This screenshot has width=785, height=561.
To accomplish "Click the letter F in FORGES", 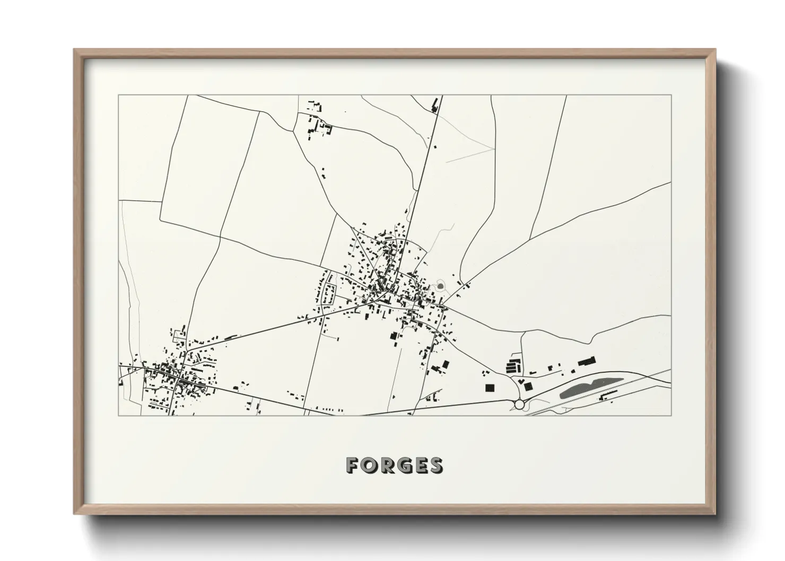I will [352, 465].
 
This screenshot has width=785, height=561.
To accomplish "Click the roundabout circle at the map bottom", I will [519, 405].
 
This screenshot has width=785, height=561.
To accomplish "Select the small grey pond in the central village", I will [440, 286].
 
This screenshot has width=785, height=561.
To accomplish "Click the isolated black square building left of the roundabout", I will [489, 387].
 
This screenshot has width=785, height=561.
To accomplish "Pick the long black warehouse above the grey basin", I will [586, 362].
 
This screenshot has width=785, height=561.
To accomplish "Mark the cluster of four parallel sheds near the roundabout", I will [512, 366].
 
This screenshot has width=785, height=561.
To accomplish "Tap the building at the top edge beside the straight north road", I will [437, 104].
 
